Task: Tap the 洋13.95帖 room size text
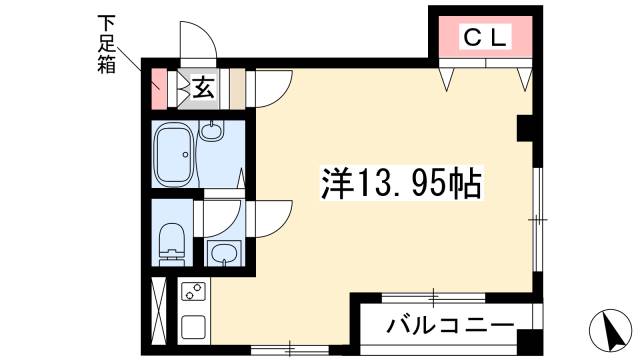pyautogui.click(x=401, y=184)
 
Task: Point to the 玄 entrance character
pyautogui.click(x=203, y=88)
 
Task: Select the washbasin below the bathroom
pyautogui.click(x=222, y=252)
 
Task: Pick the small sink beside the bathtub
pyautogui.click(x=212, y=129)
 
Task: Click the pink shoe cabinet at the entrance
pyautogui.click(x=158, y=88)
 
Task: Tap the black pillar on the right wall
pyautogui.click(x=524, y=128)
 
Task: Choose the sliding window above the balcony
pyautogui.click(x=433, y=296)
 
